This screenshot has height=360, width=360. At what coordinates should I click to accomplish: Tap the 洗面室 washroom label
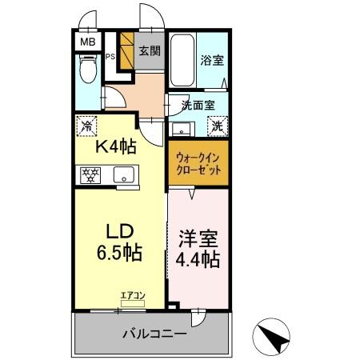[x=196, y=104]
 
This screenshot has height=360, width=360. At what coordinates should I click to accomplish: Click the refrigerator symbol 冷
[x=87, y=125]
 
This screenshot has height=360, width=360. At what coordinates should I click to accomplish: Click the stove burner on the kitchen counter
[x=90, y=175]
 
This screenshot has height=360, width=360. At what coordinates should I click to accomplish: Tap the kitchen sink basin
[x=125, y=175]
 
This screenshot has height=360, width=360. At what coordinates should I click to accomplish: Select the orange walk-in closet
[x=198, y=164]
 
